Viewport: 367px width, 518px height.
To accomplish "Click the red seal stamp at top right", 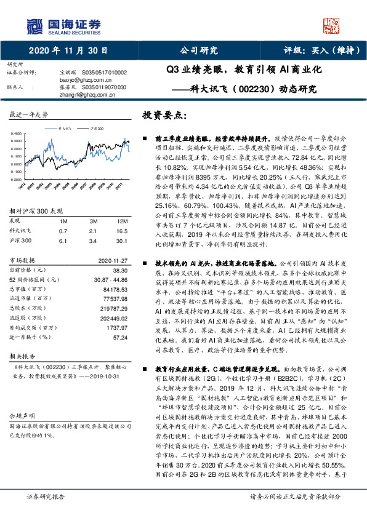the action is (x=332, y=25).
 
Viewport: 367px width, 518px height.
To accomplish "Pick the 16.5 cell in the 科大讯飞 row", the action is (x=121, y=229).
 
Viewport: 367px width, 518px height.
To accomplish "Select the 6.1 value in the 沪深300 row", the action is (x=63, y=239).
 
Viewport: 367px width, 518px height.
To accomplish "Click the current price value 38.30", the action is (x=119, y=269).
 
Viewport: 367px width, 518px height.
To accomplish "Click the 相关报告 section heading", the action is (x=22, y=356).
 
